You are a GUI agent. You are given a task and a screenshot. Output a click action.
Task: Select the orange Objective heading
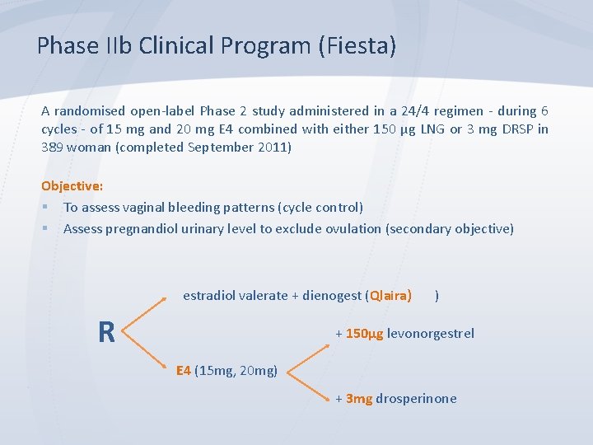tap(72, 186)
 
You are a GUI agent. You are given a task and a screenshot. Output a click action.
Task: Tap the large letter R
tap(106, 332)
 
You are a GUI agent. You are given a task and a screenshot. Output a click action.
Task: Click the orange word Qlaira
tap(390, 295)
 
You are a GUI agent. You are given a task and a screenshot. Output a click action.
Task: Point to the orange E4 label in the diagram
tap(184, 370)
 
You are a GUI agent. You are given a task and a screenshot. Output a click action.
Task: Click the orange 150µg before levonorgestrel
tap(363, 334)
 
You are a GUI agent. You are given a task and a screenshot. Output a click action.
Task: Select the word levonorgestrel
tap(431, 334)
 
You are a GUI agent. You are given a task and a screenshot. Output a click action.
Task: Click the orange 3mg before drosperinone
tap(358, 399)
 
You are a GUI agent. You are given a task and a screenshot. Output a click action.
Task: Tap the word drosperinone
tap(416, 399)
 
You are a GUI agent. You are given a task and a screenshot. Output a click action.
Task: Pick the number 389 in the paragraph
tap(53, 148)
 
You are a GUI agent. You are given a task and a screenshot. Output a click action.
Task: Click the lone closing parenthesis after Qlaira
tap(437, 295)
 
